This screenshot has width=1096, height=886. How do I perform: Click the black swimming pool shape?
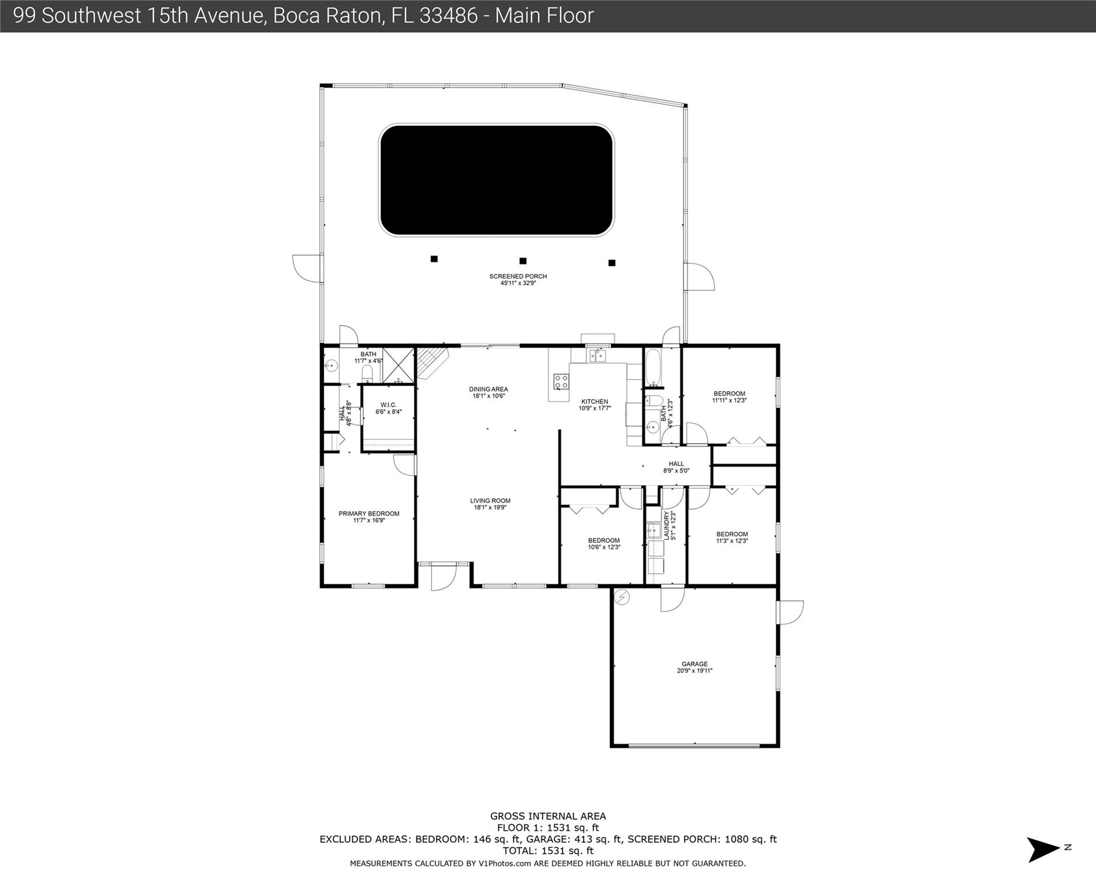(496, 181)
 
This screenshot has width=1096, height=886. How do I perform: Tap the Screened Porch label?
(518, 280)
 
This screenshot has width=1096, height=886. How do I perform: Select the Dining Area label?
(489, 392)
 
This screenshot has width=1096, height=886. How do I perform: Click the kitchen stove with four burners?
(561, 381)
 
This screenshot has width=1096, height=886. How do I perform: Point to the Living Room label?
(490, 504)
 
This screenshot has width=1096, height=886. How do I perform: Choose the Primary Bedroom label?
(369, 517)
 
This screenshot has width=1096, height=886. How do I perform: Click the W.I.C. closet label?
(388, 408)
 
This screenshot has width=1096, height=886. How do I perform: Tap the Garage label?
(695, 667)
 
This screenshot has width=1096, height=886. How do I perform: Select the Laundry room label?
(669, 525)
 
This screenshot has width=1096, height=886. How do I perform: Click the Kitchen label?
(595, 405)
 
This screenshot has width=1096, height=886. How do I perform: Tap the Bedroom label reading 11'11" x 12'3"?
(729, 397)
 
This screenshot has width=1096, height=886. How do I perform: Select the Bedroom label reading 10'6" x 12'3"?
(604, 544)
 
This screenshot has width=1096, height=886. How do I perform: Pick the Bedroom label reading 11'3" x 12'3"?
(732, 538)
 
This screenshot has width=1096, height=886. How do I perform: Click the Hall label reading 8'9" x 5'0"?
(676, 467)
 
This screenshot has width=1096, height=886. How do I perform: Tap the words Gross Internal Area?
(548, 816)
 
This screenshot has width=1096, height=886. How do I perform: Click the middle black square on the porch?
(523, 261)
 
